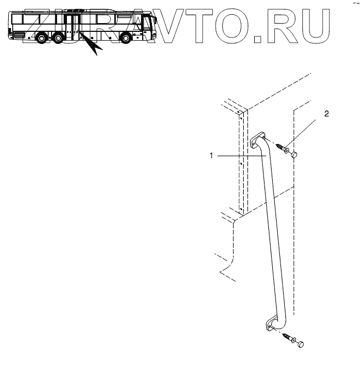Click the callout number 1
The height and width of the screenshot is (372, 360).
coord(211,156)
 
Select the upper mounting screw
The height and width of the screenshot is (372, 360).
coord(283,148)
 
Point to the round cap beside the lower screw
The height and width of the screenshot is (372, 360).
coord(300,344)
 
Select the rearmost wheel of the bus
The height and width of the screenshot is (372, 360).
coord(40,40)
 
